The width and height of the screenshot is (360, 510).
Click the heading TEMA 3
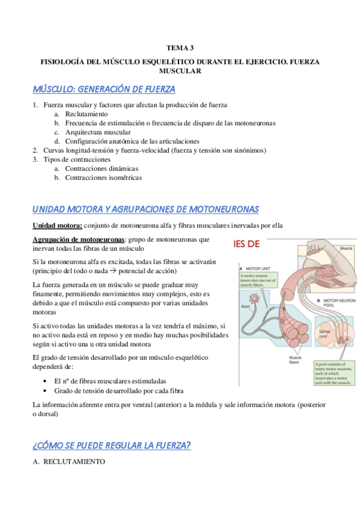point(180,47)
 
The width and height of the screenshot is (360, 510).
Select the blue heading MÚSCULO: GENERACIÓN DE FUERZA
point(104,90)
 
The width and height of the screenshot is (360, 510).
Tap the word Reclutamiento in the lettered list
point(87,114)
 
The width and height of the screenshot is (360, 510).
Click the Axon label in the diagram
point(245,306)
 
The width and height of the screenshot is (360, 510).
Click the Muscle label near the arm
point(346,248)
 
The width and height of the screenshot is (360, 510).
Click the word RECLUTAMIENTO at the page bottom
point(74,462)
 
